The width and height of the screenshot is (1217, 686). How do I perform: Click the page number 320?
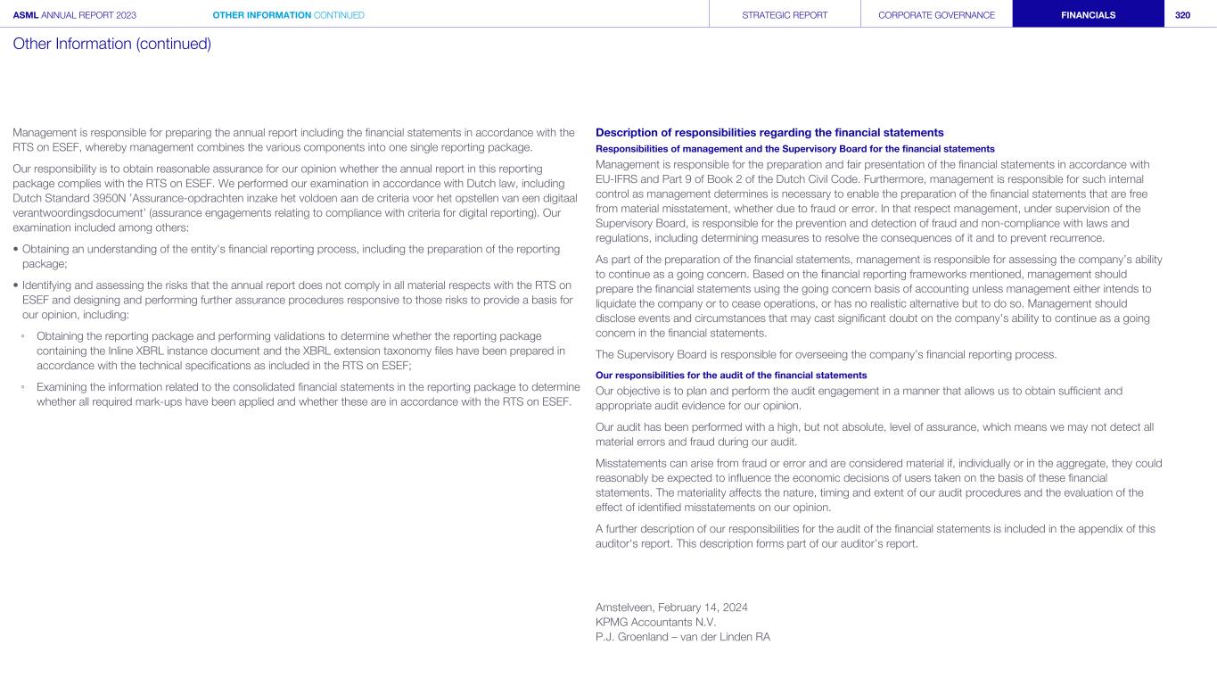point(1182,15)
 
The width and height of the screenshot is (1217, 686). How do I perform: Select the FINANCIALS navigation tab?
point(1088,15)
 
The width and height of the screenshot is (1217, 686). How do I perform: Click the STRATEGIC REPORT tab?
point(785,15)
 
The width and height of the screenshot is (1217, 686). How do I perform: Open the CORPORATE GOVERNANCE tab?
point(936,15)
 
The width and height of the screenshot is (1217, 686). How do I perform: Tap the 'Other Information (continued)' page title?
point(111,43)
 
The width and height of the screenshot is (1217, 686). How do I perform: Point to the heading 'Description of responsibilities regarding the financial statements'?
point(769,133)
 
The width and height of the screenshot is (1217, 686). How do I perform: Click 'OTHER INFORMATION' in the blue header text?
point(261,15)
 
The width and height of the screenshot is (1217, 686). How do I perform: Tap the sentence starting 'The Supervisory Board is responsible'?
point(825,354)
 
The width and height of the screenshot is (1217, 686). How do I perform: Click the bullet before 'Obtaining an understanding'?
point(16,249)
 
